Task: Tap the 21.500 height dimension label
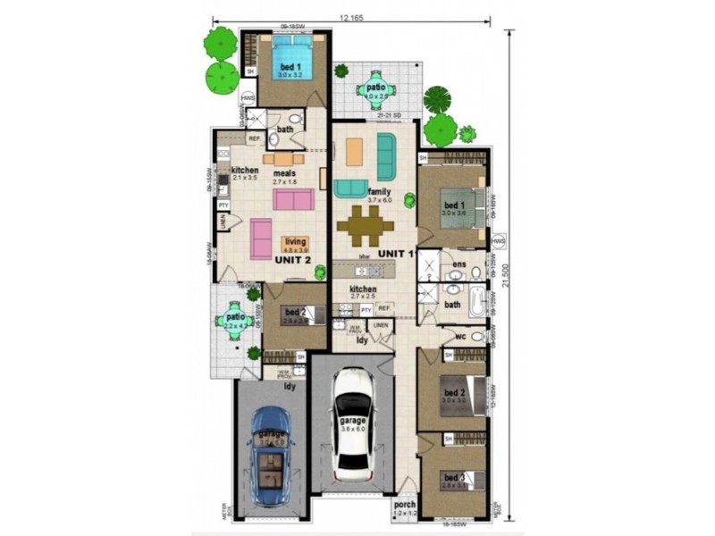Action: [x=509, y=278]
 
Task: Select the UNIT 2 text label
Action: [x=293, y=259]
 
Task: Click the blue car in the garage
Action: [x=270, y=455]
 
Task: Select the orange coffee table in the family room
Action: [x=354, y=151]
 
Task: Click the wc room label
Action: [x=461, y=336]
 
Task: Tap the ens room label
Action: [x=458, y=264]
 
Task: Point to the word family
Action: [x=379, y=192]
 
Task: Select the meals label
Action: [x=284, y=172]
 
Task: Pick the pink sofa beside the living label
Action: [x=261, y=239]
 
